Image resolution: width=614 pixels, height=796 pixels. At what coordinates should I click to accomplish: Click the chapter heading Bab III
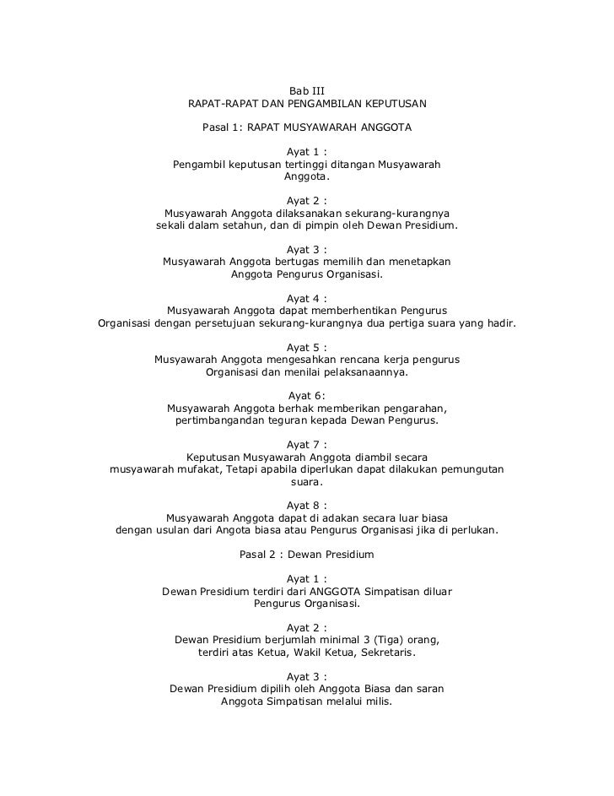[307, 89]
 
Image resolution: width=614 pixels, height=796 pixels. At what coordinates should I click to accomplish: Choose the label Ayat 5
[307, 347]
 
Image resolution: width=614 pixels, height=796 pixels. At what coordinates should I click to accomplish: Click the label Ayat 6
[307, 396]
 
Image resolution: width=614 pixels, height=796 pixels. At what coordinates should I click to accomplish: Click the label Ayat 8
[307, 505]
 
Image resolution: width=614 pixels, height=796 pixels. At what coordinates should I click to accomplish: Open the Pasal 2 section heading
[307, 555]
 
